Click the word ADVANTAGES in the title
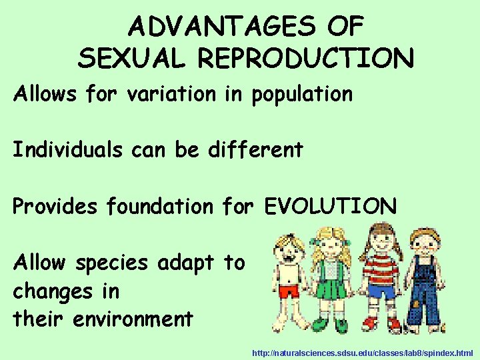(220, 27)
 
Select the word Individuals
(67, 149)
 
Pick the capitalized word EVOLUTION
(330, 206)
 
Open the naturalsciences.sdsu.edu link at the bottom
(362, 351)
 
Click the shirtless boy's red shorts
(289, 291)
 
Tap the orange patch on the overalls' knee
(417, 303)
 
